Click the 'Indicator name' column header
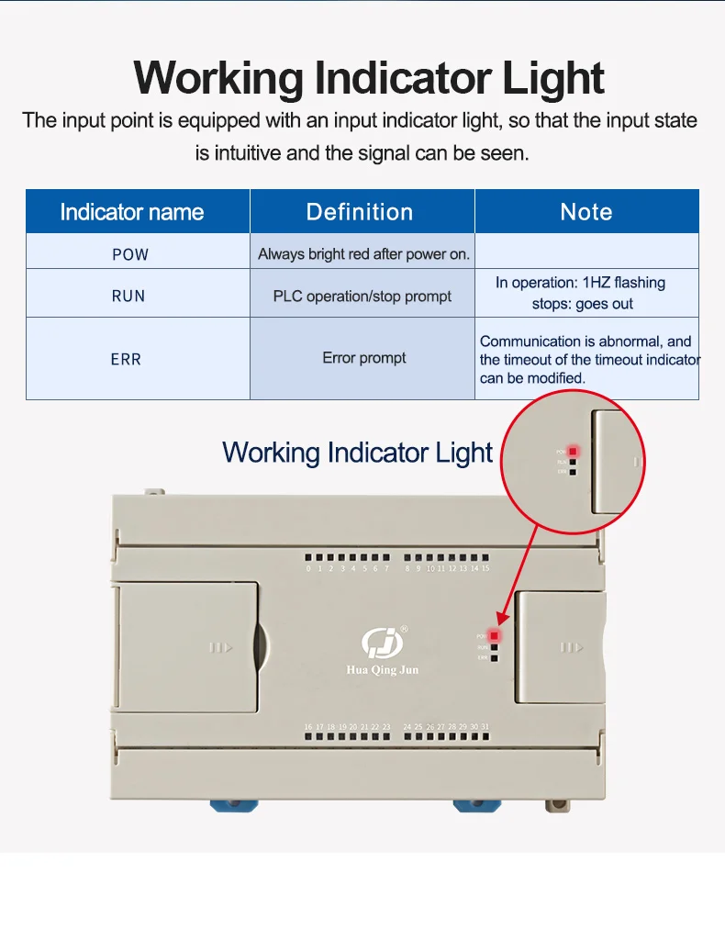pyautogui.click(x=131, y=212)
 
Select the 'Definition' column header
pyautogui.click(x=360, y=212)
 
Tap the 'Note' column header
pyautogui.click(x=586, y=212)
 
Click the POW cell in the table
pyautogui.click(x=129, y=254)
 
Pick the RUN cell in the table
pyautogui.click(x=128, y=296)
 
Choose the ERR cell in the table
pyautogui.click(x=127, y=359)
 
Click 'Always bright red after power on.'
pyautogui.click(x=363, y=254)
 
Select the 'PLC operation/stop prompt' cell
pyautogui.click(x=362, y=296)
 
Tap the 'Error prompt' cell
pyautogui.click(x=363, y=358)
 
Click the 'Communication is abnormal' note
pyautogui.click(x=586, y=341)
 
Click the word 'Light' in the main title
pyautogui.click(x=553, y=78)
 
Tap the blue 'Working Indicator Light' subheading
pyautogui.click(x=357, y=453)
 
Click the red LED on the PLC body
pyautogui.click(x=495, y=635)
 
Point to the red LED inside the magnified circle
pyautogui.click(x=573, y=451)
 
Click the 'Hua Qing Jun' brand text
pyautogui.click(x=382, y=670)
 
